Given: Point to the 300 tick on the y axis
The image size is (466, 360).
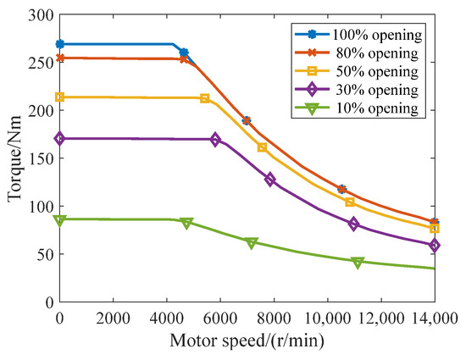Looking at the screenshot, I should [37, 15].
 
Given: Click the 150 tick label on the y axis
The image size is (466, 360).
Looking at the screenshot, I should [37, 158].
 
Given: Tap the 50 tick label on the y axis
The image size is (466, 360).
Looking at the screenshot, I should [41, 254].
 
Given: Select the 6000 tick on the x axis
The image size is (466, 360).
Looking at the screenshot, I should [219, 318].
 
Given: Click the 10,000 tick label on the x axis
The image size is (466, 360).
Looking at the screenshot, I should [326, 318].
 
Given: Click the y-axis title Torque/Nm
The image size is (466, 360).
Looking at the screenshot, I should [13, 158].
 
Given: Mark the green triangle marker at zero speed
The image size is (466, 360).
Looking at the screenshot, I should [59, 220].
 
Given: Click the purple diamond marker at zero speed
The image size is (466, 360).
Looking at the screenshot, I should [59, 138].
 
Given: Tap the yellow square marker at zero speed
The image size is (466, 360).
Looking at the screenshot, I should [59, 97].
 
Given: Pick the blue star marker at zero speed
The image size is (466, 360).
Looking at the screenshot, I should [59, 44].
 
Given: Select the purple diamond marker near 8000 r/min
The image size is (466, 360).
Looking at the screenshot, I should [270, 180].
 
